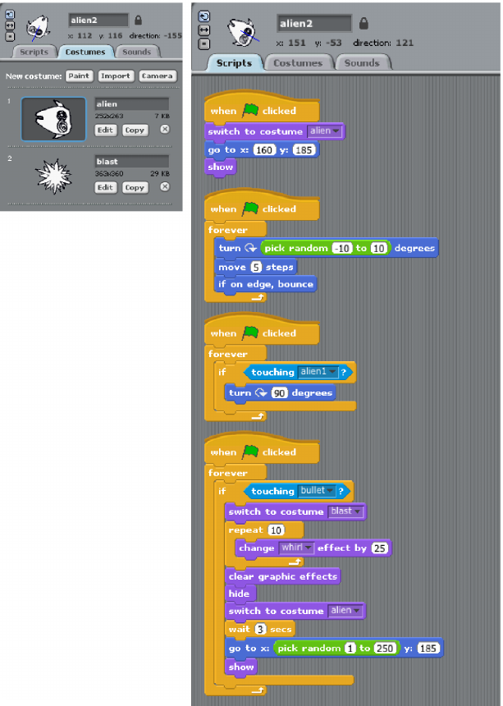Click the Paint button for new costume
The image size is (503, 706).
coord(79,76)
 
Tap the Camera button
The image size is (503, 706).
coord(157,76)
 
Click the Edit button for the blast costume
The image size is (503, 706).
coord(105,187)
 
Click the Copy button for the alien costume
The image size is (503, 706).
coord(134,130)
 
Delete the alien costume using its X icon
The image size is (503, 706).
coord(164,130)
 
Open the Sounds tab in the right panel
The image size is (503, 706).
coord(362,63)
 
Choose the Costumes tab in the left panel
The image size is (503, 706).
coord(85,52)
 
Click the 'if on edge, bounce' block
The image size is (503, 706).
coord(265,284)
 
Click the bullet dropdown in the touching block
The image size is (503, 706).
coord(317,491)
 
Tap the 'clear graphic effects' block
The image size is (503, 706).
coord(282,576)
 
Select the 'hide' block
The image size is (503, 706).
coord(239,594)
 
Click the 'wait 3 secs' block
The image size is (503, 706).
coord(259,629)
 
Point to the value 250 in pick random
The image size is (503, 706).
coord(385,649)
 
